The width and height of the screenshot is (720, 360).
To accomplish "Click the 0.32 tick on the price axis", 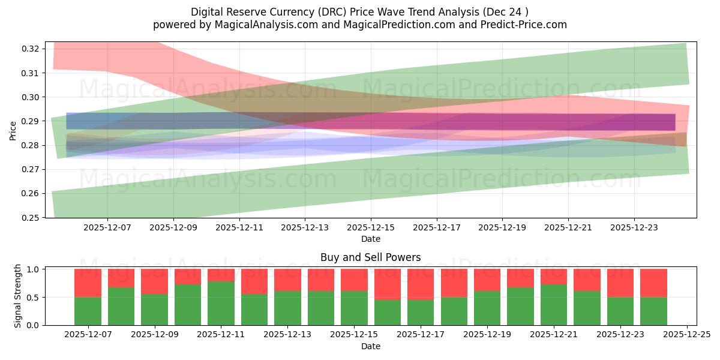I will [x=31, y=49].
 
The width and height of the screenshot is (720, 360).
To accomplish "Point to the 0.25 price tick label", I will [x=31, y=217].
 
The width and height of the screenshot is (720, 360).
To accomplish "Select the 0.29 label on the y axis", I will [x=31, y=121].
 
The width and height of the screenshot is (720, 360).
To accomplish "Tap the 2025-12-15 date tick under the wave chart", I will [x=371, y=228].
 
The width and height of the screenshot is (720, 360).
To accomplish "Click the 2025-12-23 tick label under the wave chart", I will [x=634, y=228].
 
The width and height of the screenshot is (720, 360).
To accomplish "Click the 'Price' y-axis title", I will [x=13, y=130].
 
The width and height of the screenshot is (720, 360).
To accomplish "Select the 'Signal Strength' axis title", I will [x=18, y=296].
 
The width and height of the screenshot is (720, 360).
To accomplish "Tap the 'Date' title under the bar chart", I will [x=370, y=346].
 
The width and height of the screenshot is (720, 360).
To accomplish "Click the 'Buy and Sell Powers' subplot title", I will [x=370, y=257].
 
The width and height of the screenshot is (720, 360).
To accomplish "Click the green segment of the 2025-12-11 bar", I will [x=221, y=303].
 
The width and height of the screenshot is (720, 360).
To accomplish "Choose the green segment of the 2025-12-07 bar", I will [x=88, y=311].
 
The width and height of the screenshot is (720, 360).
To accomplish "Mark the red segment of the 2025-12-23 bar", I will [x=620, y=283].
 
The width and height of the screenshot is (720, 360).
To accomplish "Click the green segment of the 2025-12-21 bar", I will [x=554, y=304].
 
